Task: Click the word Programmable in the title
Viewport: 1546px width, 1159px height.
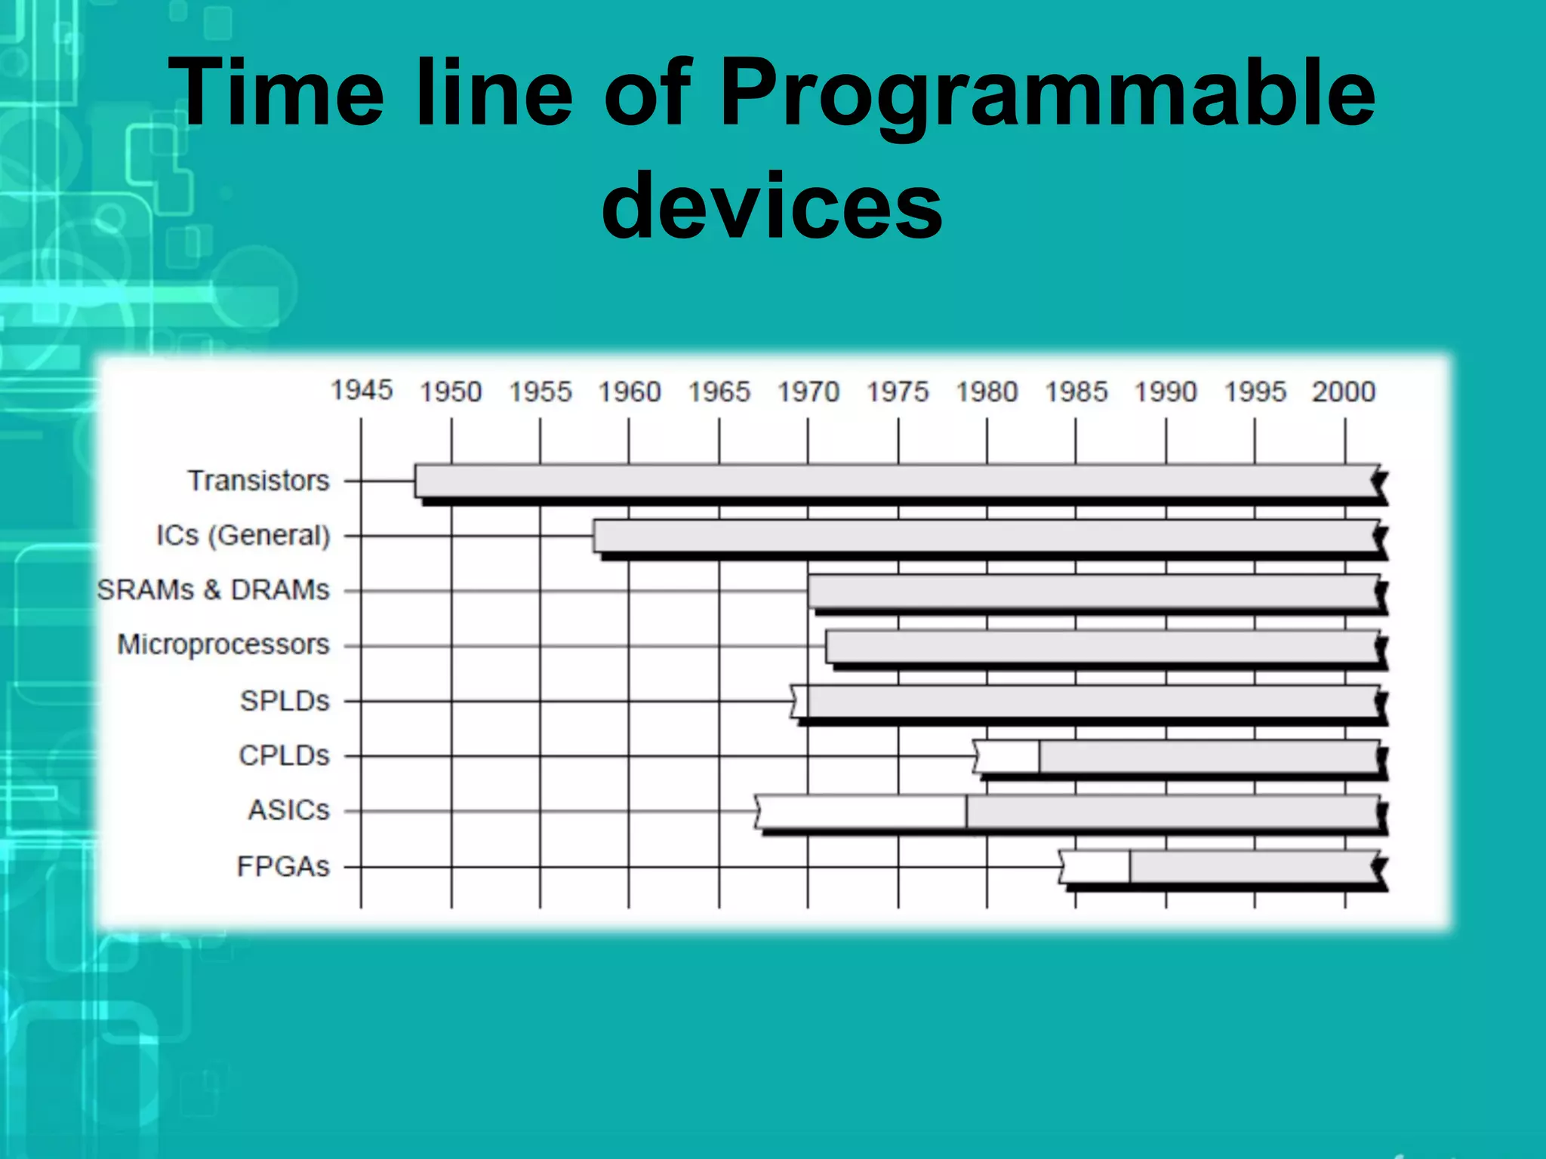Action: click(x=1048, y=94)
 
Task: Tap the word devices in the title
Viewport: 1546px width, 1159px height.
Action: click(x=771, y=205)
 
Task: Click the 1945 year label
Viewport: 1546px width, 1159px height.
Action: click(x=362, y=390)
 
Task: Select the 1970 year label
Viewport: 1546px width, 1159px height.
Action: click(x=808, y=392)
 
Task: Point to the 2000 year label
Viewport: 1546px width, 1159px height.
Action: click(x=1344, y=392)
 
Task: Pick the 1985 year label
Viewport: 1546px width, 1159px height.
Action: click(x=1076, y=392)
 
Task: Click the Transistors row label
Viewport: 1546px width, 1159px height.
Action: click(x=258, y=480)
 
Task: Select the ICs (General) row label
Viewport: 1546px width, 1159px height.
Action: click(x=243, y=535)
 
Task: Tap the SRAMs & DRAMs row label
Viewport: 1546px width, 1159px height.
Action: click(x=213, y=589)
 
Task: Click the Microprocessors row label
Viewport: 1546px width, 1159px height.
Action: click(x=223, y=644)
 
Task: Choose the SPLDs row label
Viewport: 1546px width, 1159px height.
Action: click(x=285, y=701)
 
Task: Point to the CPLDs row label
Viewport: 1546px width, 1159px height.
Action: click(x=284, y=755)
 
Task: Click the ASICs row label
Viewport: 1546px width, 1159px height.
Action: click(x=288, y=810)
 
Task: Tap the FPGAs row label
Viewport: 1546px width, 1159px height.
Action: click(x=283, y=866)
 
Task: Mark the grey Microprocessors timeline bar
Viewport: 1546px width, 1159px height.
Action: click(x=1102, y=647)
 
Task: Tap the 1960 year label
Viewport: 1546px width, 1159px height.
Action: click(x=629, y=392)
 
